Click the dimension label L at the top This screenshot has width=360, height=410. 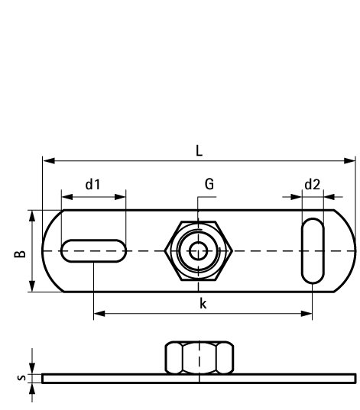(x=199, y=150)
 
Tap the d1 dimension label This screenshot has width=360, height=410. (x=92, y=184)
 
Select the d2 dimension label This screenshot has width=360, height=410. (x=312, y=184)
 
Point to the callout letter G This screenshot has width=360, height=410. (x=209, y=184)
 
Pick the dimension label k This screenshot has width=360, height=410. (x=203, y=303)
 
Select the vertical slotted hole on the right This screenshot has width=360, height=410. (x=312, y=251)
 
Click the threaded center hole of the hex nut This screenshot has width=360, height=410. (x=198, y=250)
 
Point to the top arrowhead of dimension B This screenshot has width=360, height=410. (x=32, y=215)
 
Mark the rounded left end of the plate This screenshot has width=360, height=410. (x=49, y=251)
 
